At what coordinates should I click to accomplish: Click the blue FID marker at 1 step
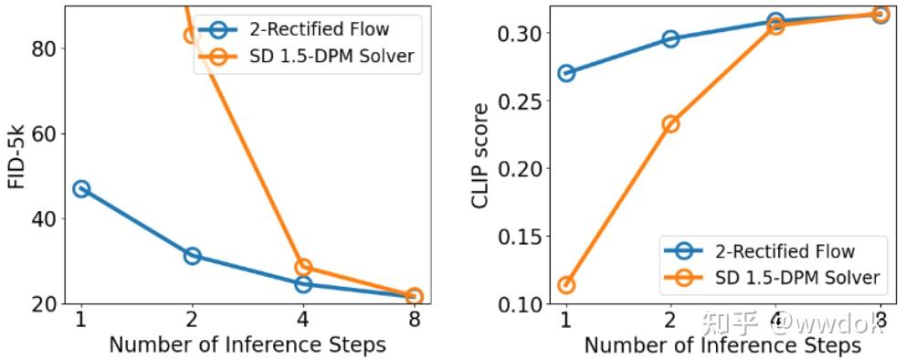[x=81, y=189]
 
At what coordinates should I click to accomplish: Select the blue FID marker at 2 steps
[x=192, y=256]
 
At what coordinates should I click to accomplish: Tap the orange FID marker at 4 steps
[x=303, y=268]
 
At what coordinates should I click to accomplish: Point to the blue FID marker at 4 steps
[x=303, y=284]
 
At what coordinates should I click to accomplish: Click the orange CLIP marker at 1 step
[x=566, y=285]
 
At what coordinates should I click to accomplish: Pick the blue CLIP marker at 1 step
[x=566, y=73]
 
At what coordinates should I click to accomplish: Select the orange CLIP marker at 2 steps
[x=670, y=124]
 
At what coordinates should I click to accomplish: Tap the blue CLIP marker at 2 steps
[x=670, y=39]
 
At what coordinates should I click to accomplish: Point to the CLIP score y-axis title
[x=481, y=155]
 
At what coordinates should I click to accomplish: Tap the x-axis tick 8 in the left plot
[x=414, y=321]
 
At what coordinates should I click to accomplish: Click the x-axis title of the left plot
[x=247, y=345]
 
